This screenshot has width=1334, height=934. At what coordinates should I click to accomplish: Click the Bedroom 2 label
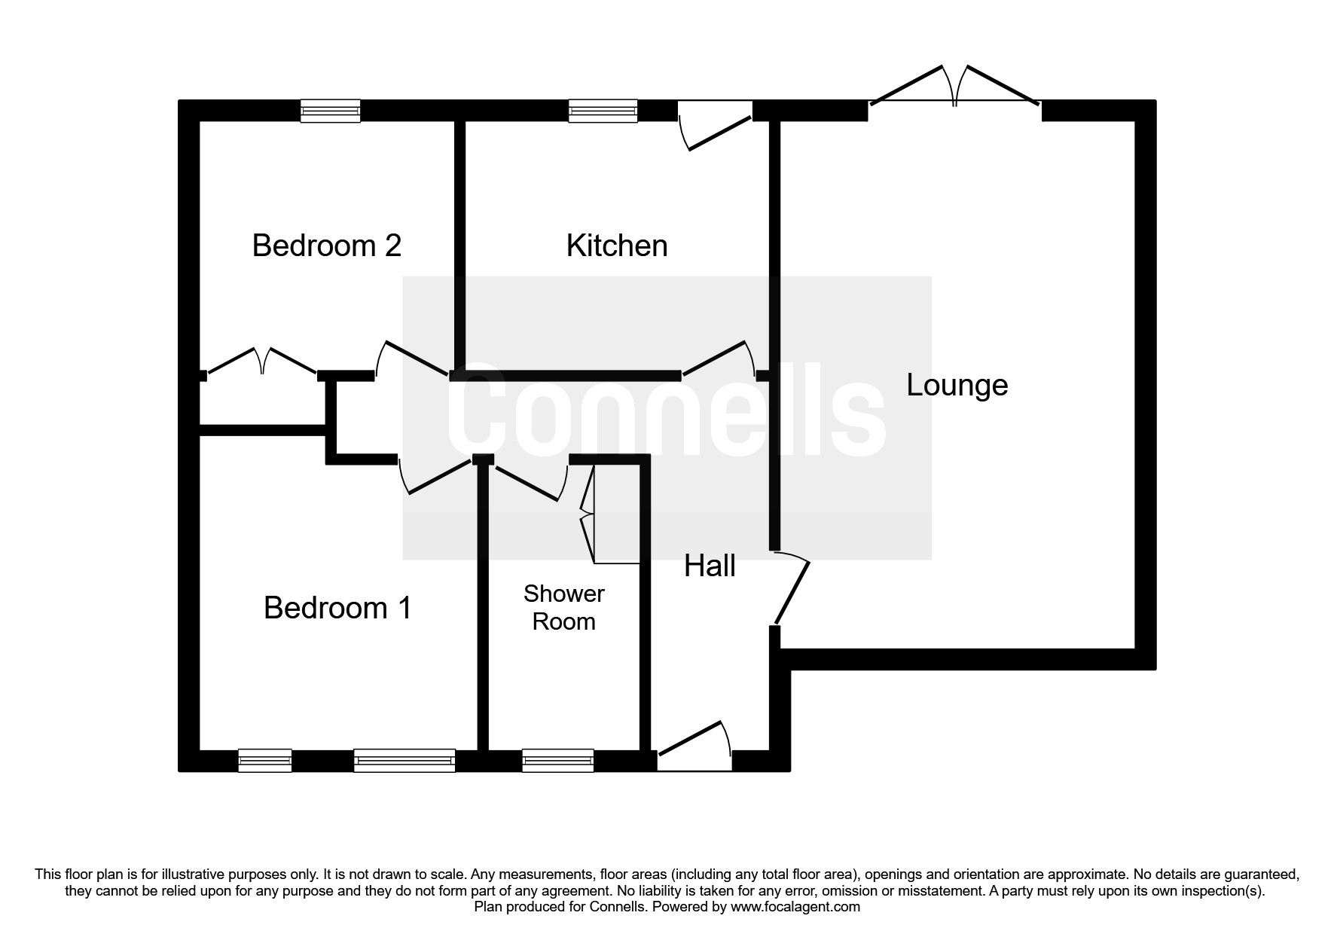[326, 246]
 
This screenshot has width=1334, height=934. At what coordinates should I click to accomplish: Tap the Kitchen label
[616, 246]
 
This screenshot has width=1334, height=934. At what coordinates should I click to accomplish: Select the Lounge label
[957, 385]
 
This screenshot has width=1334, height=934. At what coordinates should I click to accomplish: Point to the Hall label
[710, 566]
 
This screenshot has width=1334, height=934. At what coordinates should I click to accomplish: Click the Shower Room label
[563, 607]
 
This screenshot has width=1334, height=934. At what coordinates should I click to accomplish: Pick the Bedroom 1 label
[337, 608]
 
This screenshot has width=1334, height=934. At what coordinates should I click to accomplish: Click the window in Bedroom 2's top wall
[330, 111]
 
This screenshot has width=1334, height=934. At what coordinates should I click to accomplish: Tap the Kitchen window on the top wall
[603, 111]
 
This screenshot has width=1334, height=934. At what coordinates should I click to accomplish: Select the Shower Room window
[557, 761]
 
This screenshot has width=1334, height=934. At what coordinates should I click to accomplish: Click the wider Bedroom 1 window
[404, 761]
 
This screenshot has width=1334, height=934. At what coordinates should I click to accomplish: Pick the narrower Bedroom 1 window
[264, 761]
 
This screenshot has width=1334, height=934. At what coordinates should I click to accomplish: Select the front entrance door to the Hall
[694, 746]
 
